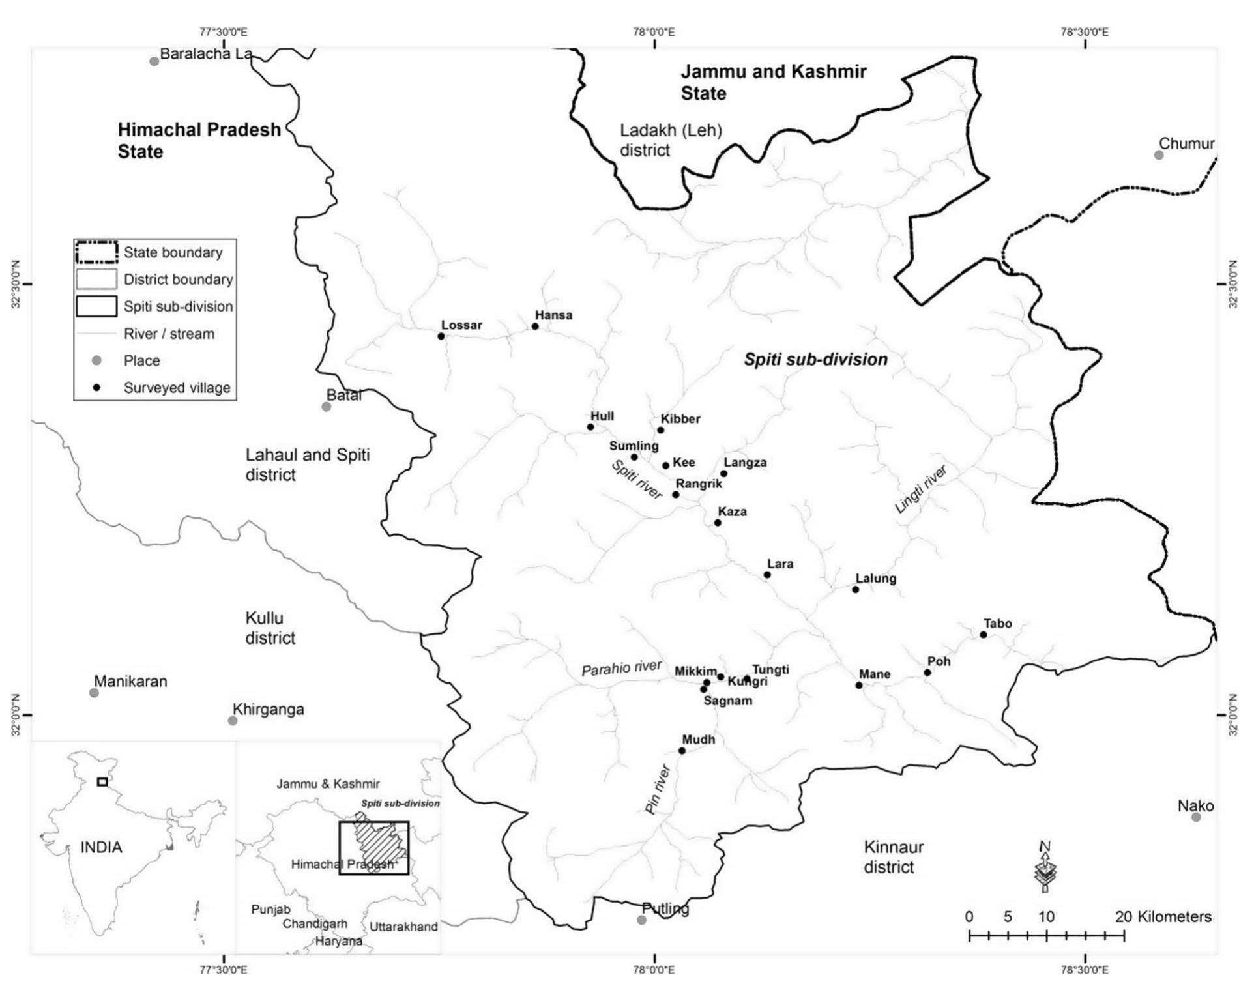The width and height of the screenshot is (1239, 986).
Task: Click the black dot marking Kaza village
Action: click(718, 523)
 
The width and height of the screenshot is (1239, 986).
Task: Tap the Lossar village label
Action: click(461, 325)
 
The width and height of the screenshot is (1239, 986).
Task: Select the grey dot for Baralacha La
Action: click(154, 61)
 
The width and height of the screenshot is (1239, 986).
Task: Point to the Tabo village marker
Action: click(984, 635)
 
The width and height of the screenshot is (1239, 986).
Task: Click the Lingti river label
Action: click(920, 489)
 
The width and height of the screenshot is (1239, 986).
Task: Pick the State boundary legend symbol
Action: click(96, 252)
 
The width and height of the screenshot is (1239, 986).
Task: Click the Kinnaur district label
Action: click(893, 857)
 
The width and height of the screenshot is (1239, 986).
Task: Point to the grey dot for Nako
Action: click(1196, 817)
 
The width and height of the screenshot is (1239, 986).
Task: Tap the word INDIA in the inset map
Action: click(101, 847)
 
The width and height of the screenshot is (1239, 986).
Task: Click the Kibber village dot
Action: click(661, 430)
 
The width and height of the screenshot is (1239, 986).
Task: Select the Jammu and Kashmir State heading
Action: click(773, 82)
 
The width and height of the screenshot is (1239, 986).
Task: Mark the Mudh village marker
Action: click(682, 751)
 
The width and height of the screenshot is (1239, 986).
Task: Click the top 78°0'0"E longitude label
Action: click(654, 32)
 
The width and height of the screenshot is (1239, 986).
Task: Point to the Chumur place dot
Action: click(1159, 155)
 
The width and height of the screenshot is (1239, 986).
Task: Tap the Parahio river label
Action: click(621, 668)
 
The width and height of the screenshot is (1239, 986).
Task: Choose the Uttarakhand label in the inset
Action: click(403, 927)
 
